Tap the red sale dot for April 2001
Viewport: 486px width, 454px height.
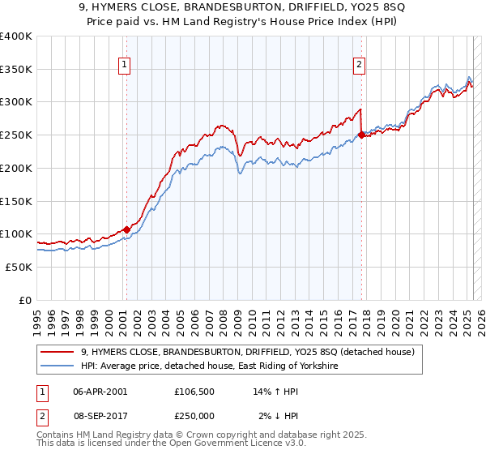pos(126,229)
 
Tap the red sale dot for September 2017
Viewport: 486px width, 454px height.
pos(361,135)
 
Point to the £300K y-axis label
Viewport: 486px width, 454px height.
pos(16,102)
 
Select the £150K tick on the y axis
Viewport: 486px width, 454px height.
pos(16,201)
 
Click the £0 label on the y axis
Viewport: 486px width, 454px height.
pos(26,300)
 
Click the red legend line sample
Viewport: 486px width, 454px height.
pos(57,352)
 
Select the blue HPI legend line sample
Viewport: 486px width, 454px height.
pos(57,366)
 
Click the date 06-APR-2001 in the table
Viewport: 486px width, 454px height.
pos(100,392)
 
